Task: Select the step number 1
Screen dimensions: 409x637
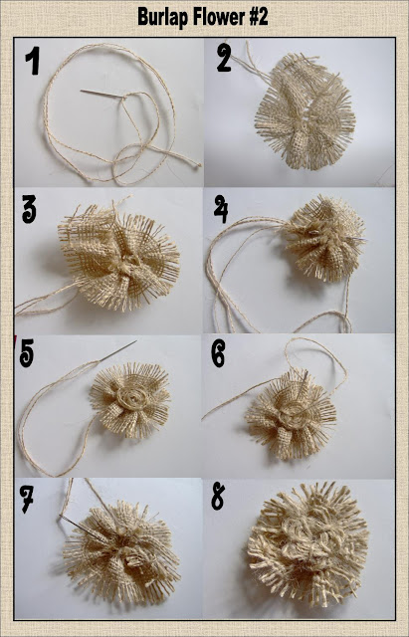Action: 33,61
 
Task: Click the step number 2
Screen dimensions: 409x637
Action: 224,58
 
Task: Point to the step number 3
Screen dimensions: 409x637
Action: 29,209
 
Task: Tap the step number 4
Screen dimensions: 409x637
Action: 221,209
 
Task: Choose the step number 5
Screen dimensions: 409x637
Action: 27,353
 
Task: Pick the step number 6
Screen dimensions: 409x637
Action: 218,352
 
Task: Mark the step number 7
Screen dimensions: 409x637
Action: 27,499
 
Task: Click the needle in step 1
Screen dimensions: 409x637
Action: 102,94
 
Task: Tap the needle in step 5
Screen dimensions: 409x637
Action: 117,350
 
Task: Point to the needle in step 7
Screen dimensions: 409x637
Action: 81,527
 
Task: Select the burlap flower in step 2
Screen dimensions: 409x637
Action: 305,111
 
